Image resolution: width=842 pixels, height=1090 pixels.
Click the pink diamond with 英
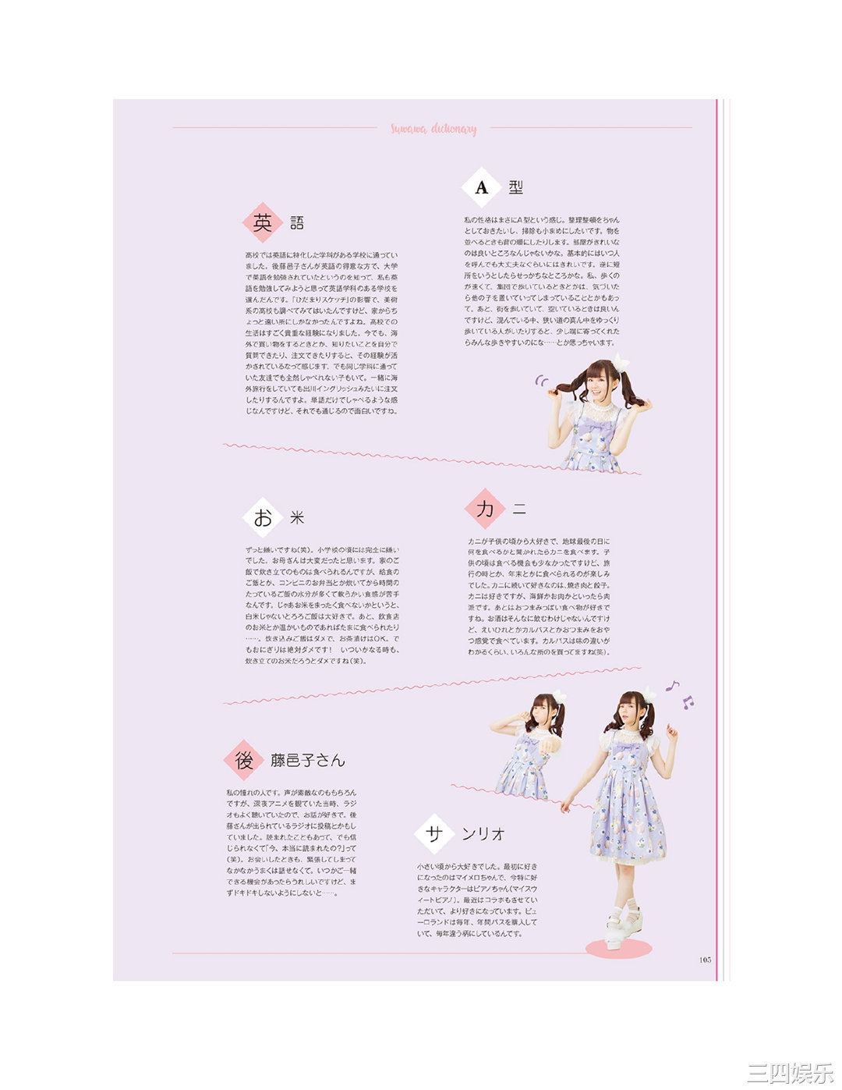(263, 223)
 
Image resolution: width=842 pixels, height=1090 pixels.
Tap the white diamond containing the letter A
(481, 187)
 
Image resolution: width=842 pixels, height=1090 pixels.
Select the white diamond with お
(263, 517)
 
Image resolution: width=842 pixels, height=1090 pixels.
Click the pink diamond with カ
(485, 509)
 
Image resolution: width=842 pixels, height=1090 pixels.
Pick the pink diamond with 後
(244, 760)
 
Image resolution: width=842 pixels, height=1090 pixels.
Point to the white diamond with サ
(434, 833)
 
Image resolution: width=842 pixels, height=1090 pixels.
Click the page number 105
(705, 960)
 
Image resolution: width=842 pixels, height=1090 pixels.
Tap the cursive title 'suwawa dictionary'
(433, 129)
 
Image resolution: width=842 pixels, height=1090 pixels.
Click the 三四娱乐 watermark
(789, 1072)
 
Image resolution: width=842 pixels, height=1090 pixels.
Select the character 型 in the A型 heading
(516, 187)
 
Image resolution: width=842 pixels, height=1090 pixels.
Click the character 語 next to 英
(297, 224)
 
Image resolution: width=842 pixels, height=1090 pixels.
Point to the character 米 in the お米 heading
(297, 518)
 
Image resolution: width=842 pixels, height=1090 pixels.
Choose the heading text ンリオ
(483, 834)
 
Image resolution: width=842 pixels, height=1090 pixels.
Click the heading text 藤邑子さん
(308, 761)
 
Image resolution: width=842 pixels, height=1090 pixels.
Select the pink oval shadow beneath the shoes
(618, 949)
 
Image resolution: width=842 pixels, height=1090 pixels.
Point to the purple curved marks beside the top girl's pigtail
(541, 381)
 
